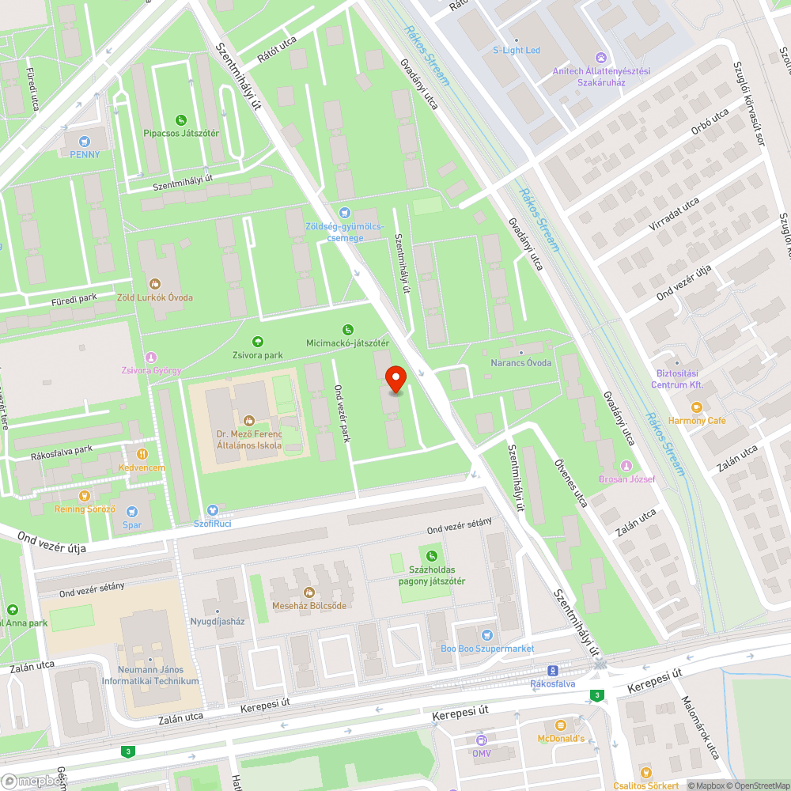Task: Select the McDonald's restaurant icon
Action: tap(561, 725)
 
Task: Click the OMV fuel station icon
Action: tap(481, 740)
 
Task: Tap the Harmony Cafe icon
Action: tap(697, 407)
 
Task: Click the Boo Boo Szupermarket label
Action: tap(487, 649)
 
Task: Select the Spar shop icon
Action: tap(132, 512)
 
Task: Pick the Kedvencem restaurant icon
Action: tap(142, 454)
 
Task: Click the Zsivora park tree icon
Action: tap(257, 342)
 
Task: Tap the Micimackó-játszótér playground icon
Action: tap(347, 330)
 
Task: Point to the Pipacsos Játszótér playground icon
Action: tap(181, 119)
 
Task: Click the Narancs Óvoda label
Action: tap(520, 362)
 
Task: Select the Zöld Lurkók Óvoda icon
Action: tap(156, 283)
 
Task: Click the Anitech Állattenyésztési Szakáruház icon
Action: tap(600, 57)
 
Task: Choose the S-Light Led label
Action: tap(517, 50)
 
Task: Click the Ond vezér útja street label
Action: tap(51, 542)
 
